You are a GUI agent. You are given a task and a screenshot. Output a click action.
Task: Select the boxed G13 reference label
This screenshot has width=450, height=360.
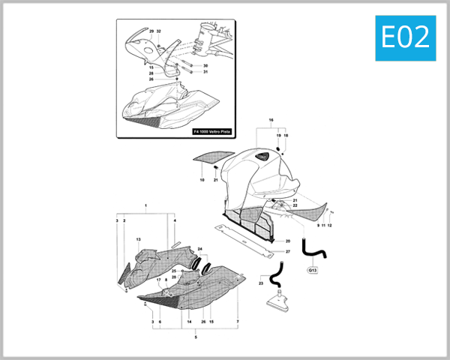click(x=312, y=269)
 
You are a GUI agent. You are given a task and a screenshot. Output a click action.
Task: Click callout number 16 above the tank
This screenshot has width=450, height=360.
click(x=271, y=120)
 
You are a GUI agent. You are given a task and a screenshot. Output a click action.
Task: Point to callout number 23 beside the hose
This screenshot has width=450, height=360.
click(x=261, y=283)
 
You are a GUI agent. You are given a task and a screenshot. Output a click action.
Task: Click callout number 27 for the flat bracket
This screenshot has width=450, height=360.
click(x=287, y=252)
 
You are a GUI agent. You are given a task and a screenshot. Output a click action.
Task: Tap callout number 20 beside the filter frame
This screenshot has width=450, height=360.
click(x=287, y=241)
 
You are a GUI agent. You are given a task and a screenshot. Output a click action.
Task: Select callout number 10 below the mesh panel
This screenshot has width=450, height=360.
click(x=202, y=180)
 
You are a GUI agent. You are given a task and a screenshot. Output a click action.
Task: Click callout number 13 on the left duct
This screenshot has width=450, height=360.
click(x=138, y=239)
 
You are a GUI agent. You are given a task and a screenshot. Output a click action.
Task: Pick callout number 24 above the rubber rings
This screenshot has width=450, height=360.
click(x=200, y=248)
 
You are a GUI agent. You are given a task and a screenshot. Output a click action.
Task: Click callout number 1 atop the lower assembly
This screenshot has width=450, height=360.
click(x=145, y=205)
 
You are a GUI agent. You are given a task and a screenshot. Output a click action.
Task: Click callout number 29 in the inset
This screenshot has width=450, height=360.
click(x=151, y=31)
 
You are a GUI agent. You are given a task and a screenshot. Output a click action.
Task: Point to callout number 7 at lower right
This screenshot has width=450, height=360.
click(x=238, y=322)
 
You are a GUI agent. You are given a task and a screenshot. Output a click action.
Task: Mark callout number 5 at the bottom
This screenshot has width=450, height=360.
click(x=196, y=338)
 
